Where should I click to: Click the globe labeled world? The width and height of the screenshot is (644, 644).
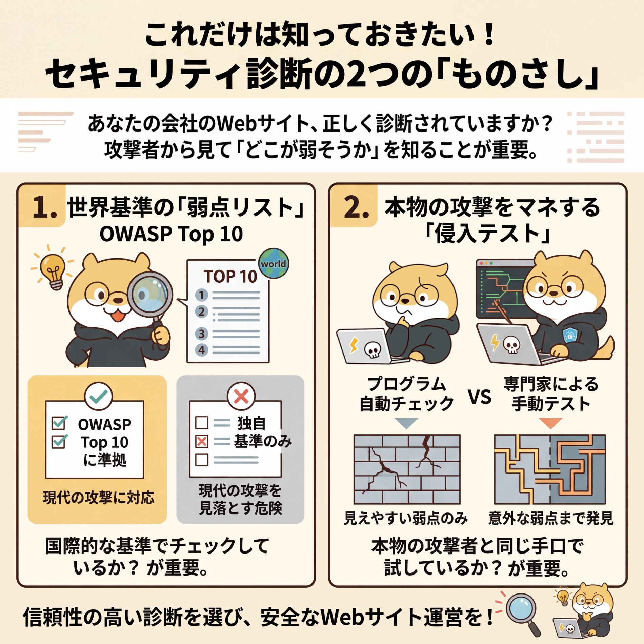(x=274, y=263)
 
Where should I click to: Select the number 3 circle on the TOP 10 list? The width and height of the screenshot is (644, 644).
(x=201, y=334)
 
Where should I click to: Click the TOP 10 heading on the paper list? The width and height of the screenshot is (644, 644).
(x=230, y=276)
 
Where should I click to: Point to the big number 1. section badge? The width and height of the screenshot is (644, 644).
(x=44, y=207)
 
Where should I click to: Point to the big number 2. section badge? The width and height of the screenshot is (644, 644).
(x=356, y=207)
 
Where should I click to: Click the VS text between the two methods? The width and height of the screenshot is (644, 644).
(x=480, y=397)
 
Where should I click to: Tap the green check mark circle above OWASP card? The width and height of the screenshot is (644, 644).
(x=98, y=396)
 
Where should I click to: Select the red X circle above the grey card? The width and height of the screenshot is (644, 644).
(x=241, y=396)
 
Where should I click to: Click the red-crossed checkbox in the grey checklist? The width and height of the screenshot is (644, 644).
(x=202, y=441)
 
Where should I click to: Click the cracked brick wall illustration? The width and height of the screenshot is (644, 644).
(x=407, y=469)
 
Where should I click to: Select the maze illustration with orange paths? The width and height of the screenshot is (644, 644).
(x=550, y=469)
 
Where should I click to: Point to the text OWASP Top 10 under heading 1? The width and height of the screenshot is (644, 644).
(x=171, y=234)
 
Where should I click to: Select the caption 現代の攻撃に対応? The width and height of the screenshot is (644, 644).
(x=98, y=498)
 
